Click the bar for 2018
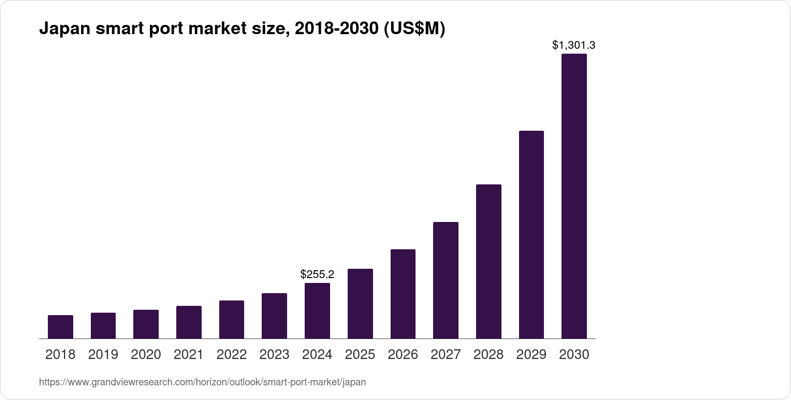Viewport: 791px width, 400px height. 61,327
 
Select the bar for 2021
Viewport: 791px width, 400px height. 189,322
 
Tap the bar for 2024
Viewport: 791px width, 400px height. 317,311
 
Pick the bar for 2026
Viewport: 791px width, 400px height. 403,294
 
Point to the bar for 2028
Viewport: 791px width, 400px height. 488,261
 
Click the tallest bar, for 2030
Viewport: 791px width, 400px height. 574,196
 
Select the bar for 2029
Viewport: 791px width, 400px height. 531,235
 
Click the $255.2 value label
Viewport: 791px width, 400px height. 317,274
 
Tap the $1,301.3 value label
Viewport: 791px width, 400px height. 574,45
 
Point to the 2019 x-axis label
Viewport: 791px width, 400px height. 103,355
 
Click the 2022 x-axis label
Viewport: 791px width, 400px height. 231,355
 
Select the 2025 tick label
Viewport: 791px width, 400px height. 360,355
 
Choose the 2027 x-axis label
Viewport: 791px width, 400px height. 446,355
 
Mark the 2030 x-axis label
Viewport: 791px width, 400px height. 574,355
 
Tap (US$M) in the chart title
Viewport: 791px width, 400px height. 415,29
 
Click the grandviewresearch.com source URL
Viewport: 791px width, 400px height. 202,382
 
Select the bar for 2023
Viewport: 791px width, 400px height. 274,316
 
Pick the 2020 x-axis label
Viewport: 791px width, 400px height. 146,355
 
